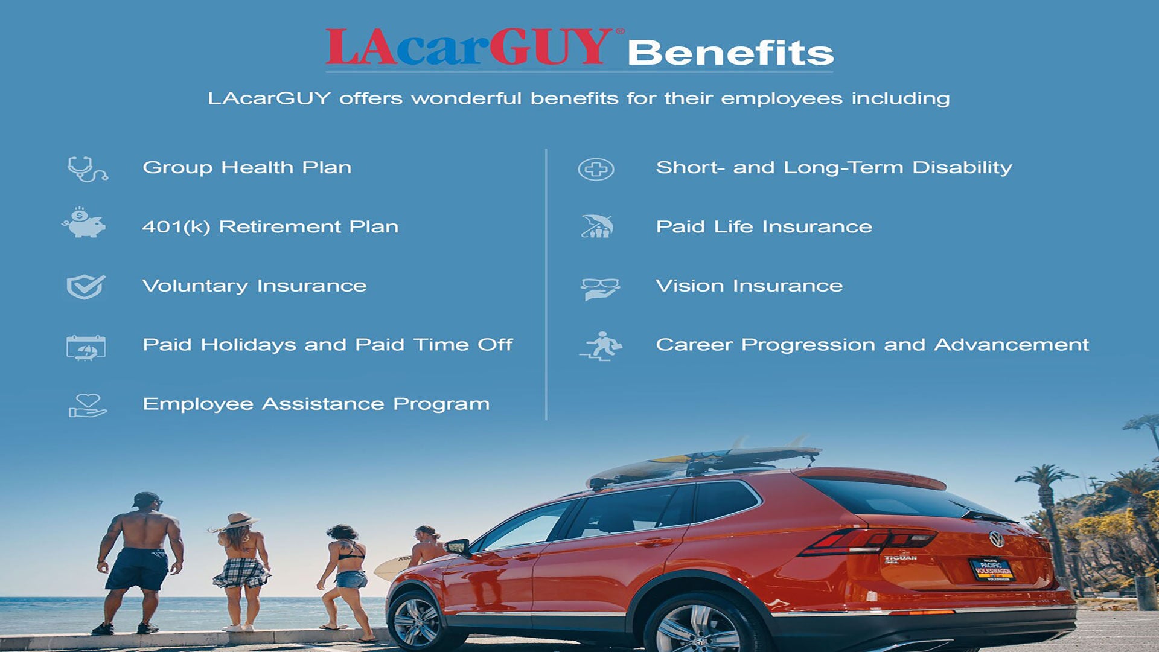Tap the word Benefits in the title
point(730,53)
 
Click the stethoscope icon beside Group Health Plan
point(88,169)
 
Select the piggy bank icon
point(84,222)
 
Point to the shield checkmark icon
point(86,287)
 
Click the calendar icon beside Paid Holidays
point(86,348)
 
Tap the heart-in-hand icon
point(88,406)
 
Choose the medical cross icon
point(596,169)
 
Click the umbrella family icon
point(597,226)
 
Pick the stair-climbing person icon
point(601,347)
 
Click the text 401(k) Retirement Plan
point(270,227)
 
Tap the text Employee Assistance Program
point(316,404)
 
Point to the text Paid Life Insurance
point(764,227)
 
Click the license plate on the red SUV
point(992,569)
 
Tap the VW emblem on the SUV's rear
point(997,539)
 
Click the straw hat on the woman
point(240,520)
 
